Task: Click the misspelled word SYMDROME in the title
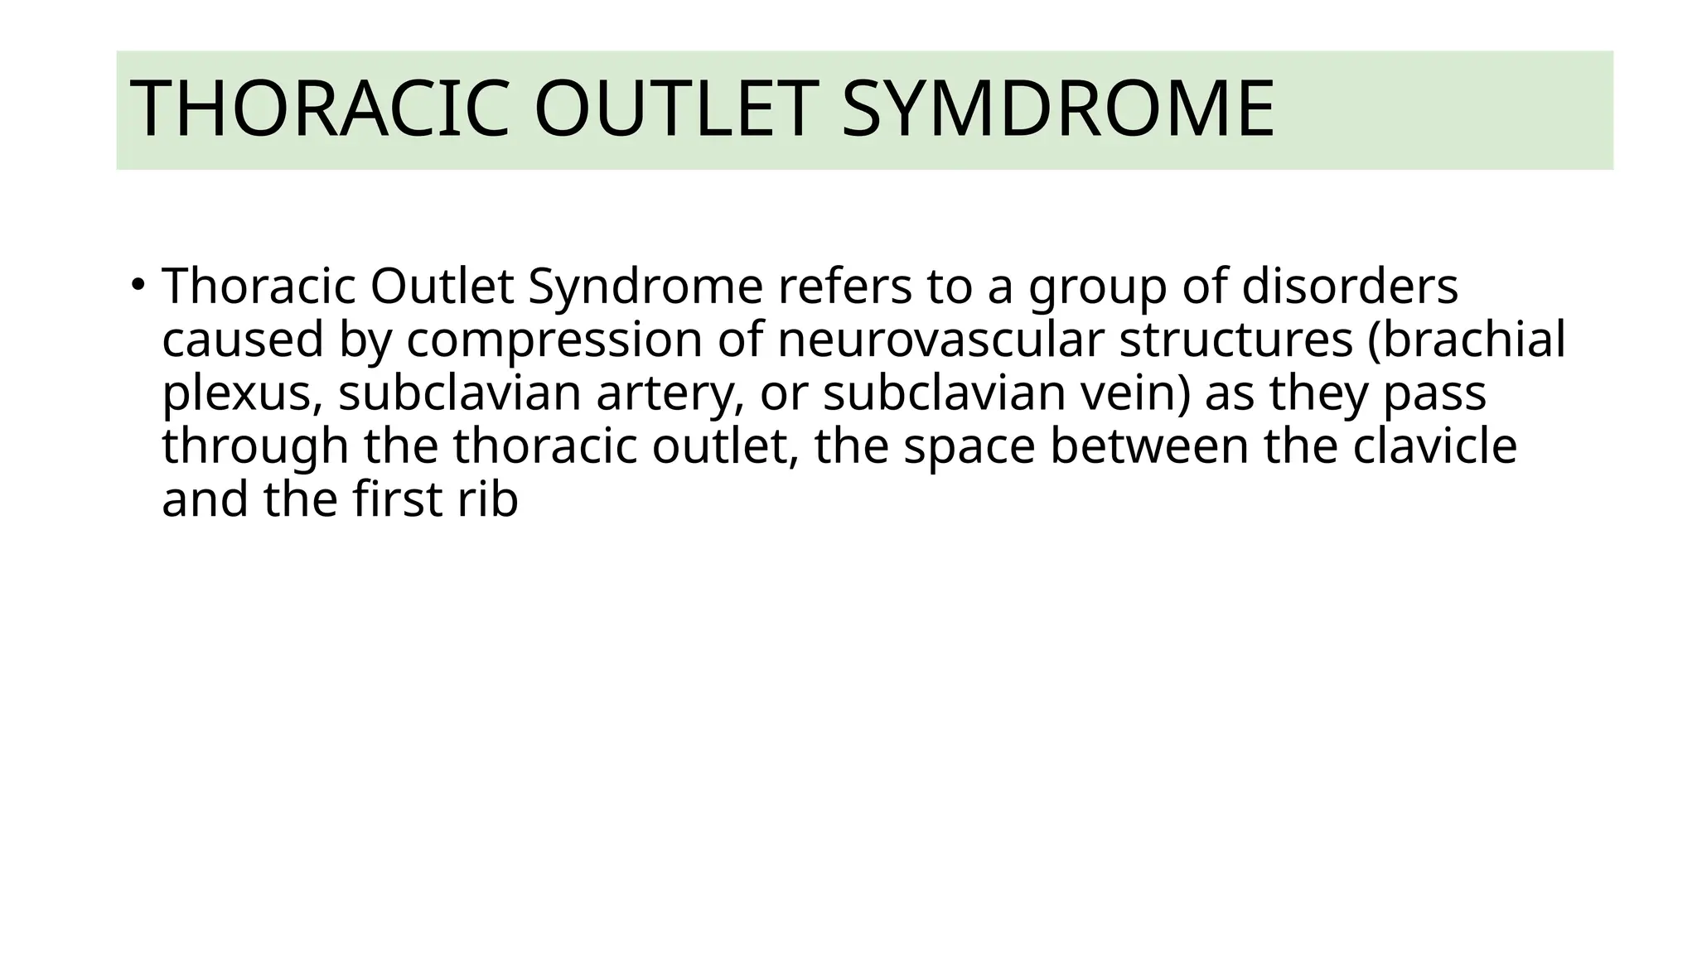pos(1057,109)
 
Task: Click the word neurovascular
pos(940,340)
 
